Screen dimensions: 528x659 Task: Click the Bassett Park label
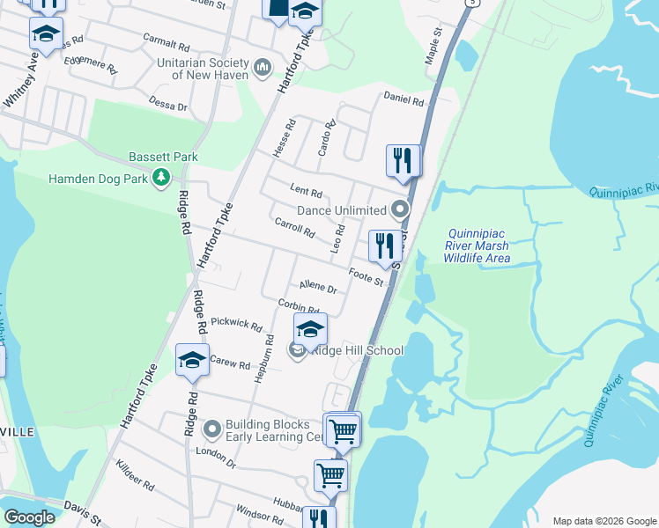coord(163,157)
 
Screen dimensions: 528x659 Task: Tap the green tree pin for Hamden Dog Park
coord(160,178)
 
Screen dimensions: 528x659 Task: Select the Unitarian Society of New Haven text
coord(203,69)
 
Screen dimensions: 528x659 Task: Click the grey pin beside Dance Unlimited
coord(401,210)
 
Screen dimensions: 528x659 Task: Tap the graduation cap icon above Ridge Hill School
coord(310,330)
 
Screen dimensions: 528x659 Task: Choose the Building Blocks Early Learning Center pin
coord(211,429)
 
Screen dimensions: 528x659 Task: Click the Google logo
coord(30,517)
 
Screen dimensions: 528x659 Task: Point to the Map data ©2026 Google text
coord(604,521)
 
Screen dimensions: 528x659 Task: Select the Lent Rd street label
coord(307,192)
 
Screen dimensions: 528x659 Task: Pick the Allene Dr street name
coord(318,286)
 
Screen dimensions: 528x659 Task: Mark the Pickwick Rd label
coord(237,326)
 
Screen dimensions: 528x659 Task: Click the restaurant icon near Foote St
coord(385,247)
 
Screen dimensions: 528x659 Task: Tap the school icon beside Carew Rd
coord(192,361)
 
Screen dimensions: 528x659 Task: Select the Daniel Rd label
coord(404,100)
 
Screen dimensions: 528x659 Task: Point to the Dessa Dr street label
coord(168,105)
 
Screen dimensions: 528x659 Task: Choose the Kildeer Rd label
coord(135,484)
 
